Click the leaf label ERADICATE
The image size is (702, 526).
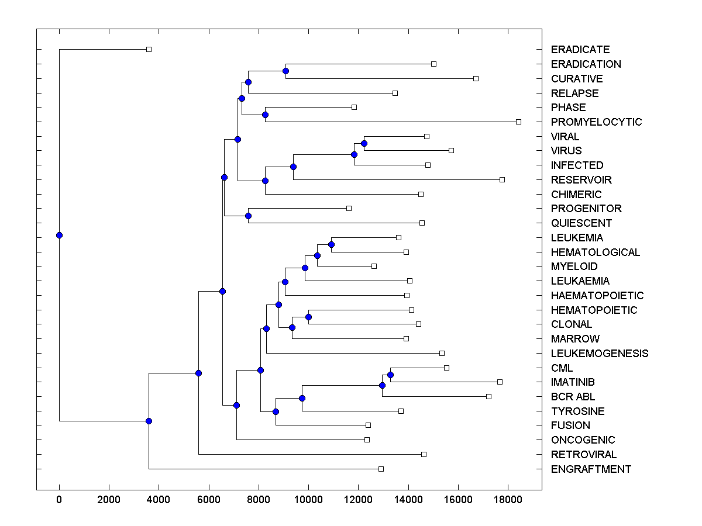click(x=580, y=50)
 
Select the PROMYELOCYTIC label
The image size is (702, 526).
click(x=596, y=122)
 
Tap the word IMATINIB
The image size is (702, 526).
click(x=573, y=382)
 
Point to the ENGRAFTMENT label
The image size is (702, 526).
click(x=591, y=469)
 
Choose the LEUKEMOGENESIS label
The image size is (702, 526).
click(x=599, y=354)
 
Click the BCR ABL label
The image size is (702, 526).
click(x=573, y=397)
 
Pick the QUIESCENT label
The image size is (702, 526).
click(x=581, y=223)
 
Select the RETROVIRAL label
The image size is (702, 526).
click(x=583, y=455)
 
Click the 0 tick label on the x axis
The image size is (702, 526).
click(x=59, y=499)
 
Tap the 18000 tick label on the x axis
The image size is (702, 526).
click(x=508, y=499)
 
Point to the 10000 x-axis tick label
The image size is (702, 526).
click(x=308, y=499)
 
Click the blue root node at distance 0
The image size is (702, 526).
click(x=59, y=235)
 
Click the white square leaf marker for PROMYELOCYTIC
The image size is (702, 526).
click(x=518, y=122)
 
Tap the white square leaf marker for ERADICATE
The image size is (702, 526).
click(x=149, y=49)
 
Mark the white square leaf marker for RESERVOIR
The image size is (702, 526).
click(x=502, y=179)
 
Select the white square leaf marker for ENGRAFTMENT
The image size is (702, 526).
click(x=381, y=469)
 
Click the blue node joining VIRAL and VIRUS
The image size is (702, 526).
click(x=364, y=143)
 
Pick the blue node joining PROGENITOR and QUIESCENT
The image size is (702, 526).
click(x=248, y=216)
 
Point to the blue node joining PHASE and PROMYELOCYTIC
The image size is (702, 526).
click(x=265, y=115)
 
